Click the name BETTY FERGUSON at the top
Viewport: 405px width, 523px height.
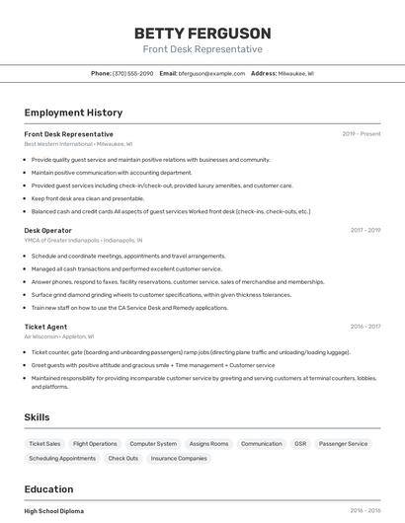(x=202, y=34)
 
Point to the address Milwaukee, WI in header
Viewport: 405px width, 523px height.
(x=295, y=73)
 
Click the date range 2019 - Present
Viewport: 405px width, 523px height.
(x=362, y=134)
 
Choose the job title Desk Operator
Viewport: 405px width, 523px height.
(x=47, y=230)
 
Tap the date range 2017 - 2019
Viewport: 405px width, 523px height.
(x=365, y=230)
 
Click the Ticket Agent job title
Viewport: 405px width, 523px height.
(x=45, y=327)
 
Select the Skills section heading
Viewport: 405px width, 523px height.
(x=37, y=417)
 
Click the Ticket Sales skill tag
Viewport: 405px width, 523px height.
(x=44, y=444)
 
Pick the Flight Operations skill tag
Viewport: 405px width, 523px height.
(x=95, y=444)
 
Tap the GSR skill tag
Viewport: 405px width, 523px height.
(x=300, y=444)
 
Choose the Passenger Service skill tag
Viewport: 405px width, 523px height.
(x=343, y=444)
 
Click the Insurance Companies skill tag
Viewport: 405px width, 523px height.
(x=179, y=458)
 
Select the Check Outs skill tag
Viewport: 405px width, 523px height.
(x=123, y=458)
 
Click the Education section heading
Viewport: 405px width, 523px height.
(x=48, y=489)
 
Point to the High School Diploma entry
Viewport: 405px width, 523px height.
(x=53, y=511)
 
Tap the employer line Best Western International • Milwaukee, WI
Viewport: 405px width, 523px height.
(x=78, y=144)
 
